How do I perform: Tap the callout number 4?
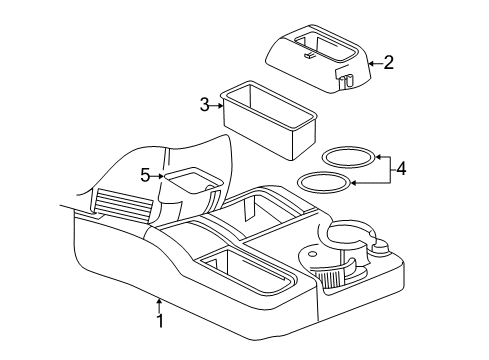[x=400, y=169]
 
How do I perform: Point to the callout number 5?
[x=145, y=176]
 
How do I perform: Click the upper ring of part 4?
[x=347, y=157]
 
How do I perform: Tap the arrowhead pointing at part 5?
[x=159, y=176]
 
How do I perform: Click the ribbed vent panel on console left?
[x=125, y=208]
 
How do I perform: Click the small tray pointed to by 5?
[x=189, y=182]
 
